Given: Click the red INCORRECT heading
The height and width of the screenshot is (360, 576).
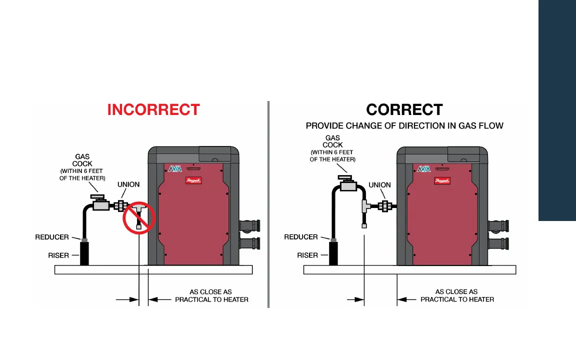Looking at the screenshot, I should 153,109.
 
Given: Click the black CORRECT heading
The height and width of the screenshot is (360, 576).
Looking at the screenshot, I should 404,109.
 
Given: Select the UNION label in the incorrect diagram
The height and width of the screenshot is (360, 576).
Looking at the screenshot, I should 128,184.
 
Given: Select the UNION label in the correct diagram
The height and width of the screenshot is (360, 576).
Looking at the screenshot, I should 379,185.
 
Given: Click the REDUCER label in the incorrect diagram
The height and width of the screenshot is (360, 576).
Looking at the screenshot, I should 52,237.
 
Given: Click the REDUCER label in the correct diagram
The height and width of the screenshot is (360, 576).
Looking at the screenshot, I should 301,237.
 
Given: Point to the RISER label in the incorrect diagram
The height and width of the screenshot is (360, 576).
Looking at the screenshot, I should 58,255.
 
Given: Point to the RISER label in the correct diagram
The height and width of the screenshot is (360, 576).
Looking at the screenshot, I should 307,255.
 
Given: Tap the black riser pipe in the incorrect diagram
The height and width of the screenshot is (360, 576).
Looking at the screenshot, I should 84,253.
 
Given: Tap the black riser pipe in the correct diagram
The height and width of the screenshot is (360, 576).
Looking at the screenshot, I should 333,253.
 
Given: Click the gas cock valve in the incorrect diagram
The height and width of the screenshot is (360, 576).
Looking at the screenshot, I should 100,203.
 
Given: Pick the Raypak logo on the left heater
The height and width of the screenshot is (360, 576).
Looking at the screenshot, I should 193,181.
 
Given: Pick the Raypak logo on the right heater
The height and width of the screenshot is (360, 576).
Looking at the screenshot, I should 442,181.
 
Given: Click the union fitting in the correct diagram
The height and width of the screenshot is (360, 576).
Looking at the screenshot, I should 385,205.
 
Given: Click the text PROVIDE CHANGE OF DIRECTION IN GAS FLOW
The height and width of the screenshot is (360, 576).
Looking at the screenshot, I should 404,126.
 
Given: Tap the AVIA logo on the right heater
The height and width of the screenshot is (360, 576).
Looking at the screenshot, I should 423,169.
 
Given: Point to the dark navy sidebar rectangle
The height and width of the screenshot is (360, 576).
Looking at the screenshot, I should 557,110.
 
